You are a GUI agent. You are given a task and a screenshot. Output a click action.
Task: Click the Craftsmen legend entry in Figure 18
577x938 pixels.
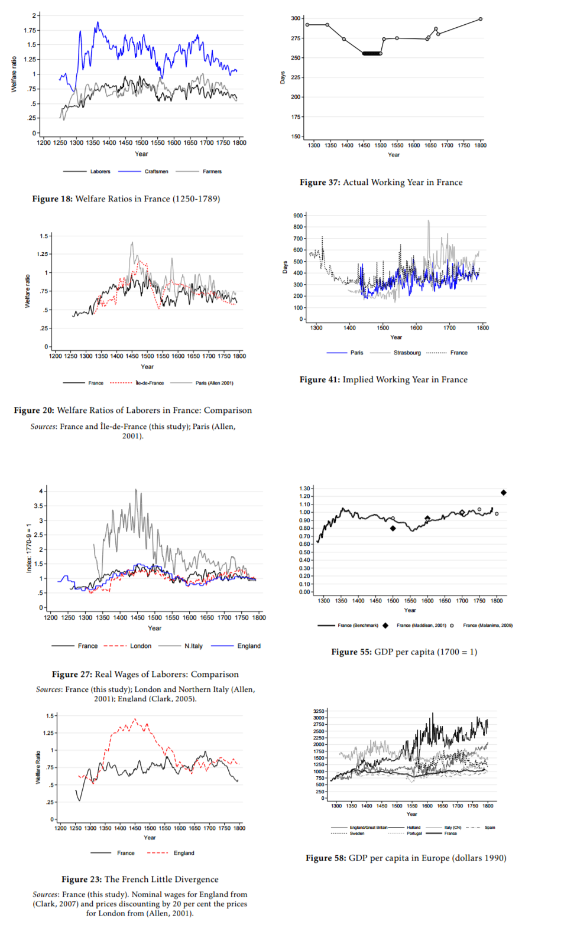[156, 171]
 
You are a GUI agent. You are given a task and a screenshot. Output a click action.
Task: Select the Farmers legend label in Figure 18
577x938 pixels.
[212, 171]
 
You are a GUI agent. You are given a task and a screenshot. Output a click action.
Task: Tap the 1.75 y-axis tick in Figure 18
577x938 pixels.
[30, 30]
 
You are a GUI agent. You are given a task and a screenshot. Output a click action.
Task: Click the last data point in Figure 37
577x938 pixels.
[480, 19]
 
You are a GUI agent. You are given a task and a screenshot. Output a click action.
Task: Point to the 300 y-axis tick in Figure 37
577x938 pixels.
[296, 18]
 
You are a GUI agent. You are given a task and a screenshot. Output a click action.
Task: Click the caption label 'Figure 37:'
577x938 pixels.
[320, 183]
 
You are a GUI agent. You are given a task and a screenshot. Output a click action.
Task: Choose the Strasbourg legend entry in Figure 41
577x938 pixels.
[407, 353]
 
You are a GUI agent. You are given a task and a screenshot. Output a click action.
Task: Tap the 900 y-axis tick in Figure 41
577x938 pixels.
[298, 216]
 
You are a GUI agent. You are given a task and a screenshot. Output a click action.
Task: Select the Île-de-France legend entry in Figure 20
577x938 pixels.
[150, 383]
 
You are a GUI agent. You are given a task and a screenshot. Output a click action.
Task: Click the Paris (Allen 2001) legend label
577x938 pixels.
[214, 383]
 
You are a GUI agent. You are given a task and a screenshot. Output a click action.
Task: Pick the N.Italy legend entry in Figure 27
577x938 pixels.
[193, 646]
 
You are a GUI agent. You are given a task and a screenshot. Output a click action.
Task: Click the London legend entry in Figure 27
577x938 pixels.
[141, 646]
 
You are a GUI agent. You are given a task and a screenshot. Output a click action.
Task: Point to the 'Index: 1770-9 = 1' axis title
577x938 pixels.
[28, 548]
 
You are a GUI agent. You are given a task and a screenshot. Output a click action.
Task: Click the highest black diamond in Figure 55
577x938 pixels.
[503, 493]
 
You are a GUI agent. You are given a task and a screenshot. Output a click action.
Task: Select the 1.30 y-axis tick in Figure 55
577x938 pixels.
[304, 488]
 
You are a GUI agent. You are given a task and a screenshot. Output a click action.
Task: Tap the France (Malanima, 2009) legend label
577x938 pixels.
[487, 625]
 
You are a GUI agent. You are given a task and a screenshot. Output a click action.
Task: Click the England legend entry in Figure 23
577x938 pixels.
[184, 853]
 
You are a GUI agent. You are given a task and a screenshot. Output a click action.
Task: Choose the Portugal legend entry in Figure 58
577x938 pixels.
[414, 833]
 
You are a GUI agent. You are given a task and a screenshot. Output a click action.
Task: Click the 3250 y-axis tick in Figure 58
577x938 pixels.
[319, 711]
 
